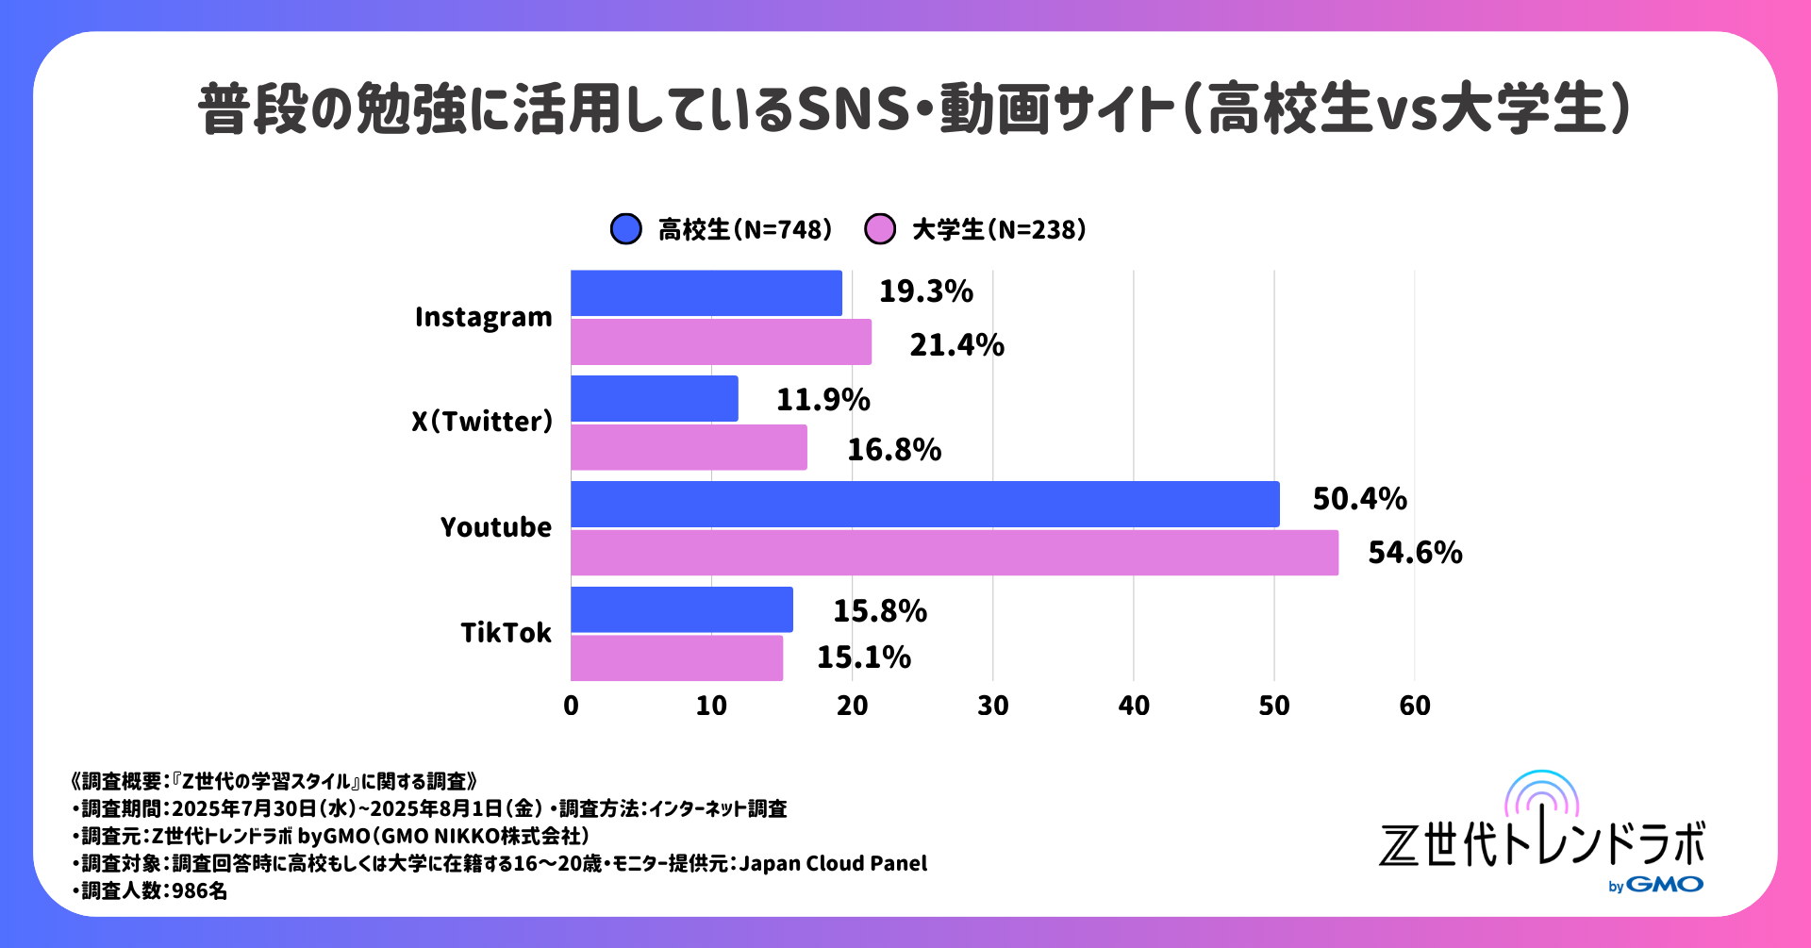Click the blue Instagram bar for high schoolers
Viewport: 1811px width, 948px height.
(x=706, y=293)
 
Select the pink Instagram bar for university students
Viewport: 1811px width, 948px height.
(x=721, y=341)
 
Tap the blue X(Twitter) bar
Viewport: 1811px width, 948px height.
(x=654, y=398)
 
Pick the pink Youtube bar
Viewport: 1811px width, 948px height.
(x=954, y=553)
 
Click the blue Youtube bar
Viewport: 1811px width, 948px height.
(x=924, y=504)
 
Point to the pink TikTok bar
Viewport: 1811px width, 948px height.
(x=676, y=657)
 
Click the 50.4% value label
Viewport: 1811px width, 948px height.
(x=1359, y=499)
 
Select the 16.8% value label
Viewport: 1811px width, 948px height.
(x=893, y=450)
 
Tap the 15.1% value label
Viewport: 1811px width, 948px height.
(x=863, y=657)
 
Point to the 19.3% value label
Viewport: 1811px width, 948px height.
(x=925, y=291)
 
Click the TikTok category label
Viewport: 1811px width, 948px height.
(x=506, y=632)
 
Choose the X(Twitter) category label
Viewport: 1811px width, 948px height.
(x=482, y=421)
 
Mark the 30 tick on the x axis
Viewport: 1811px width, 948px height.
(x=992, y=706)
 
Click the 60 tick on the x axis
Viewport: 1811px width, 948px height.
(x=1414, y=706)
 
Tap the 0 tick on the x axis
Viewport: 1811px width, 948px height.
(x=571, y=706)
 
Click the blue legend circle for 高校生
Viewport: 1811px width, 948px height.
(x=626, y=229)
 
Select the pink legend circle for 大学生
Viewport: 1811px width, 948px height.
(x=879, y=229)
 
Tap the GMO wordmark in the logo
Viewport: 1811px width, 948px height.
(x=1665, y=885)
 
